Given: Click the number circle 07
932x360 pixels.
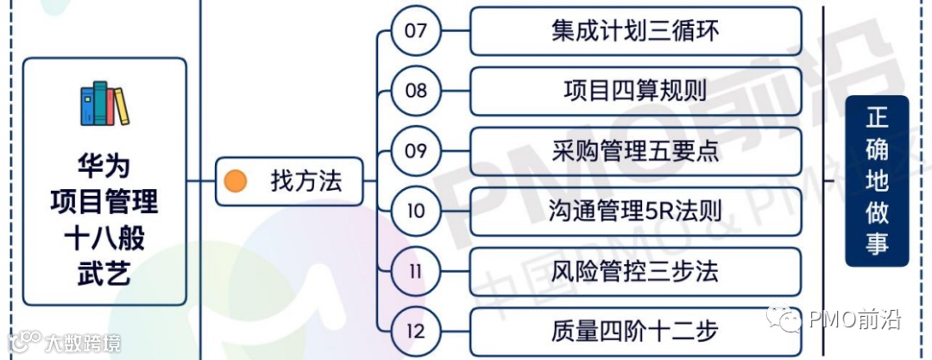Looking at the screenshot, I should [416, 31].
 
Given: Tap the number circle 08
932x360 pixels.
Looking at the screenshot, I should [416, 91].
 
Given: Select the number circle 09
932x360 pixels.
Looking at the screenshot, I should [416, 150].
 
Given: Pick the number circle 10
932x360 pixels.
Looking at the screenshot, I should [416, 210].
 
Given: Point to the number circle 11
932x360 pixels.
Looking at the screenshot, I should [416, 270].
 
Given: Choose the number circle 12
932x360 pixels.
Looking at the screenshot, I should [416, 330].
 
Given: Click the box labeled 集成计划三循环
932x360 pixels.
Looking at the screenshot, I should [635, 31].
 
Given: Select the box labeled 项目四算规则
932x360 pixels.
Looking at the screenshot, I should [635, 91].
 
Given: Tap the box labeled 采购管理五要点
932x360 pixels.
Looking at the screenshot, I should [635, 150].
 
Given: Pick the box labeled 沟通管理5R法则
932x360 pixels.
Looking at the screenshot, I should [635, 210].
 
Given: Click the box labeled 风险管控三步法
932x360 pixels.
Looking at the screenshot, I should [635, 270].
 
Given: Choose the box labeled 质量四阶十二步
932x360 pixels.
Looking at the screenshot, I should [635, 330].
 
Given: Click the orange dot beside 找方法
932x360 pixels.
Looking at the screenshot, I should [236, 181].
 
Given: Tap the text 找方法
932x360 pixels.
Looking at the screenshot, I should [293, 181].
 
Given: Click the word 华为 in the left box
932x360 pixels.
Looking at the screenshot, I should [104, 165].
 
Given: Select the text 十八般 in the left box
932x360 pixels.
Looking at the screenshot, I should [104, 237].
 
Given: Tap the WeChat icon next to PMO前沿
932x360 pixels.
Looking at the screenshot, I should [790, 320].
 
